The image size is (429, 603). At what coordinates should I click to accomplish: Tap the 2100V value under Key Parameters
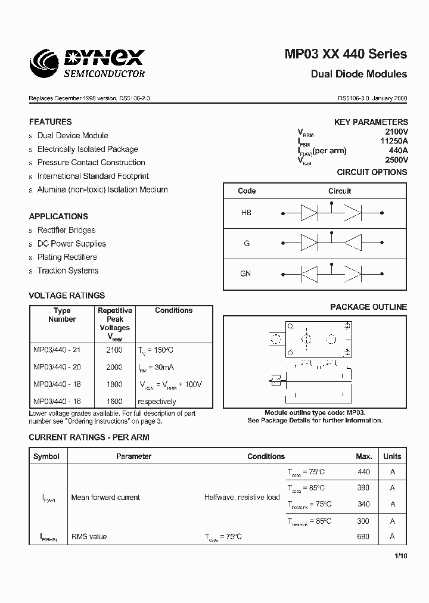[396, 131]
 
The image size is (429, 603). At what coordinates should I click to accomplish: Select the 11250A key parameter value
[394, 141]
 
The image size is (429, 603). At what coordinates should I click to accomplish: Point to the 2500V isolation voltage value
[396, 160]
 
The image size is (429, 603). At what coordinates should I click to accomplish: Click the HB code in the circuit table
[246, 213]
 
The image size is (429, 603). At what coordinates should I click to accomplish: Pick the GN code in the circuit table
[245, 274]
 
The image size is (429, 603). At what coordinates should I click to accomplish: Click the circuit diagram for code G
[331, 243]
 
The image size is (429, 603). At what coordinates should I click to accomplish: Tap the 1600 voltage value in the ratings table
[114, 402]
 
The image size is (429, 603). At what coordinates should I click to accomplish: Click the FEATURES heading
[51, 122]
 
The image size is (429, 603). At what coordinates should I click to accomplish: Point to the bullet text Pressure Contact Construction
[91, 163]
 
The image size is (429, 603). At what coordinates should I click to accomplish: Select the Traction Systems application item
[68, 271]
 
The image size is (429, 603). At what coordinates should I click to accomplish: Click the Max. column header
[363, 456]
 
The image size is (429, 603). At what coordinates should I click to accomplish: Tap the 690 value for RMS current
[363, 536]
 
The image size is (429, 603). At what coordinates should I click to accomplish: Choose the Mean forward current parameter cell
[105, 497]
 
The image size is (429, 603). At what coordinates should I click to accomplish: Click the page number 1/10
[400, 556]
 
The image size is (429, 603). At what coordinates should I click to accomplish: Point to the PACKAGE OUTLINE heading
[368, 307]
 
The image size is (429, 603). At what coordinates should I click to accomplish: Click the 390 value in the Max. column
[363, 487]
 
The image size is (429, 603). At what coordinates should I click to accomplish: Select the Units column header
[392, 456]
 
